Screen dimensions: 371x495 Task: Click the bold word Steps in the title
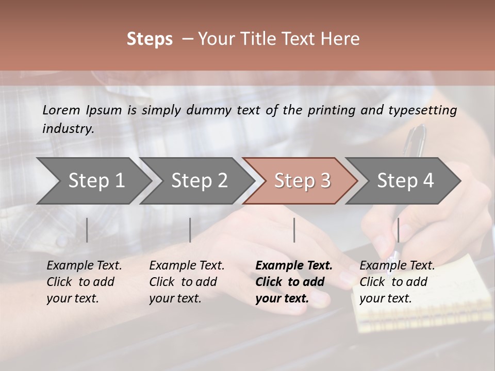pyautogui.click(x=150, y=39)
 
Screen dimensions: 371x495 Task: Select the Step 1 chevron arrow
pyautogui.click(x=93, y=181)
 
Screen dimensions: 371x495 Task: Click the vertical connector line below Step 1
pyautogui.click(x=87, y=230)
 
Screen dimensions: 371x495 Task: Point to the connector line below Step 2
pyautogui.click(x=190, y=230)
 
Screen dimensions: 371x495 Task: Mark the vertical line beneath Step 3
pyautogui.click(x=294, y=230)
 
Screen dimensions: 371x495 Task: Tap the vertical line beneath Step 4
pyautogui.click(x=398, y=230)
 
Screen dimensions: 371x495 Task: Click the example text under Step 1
pyautogui.click(x=84, y=282)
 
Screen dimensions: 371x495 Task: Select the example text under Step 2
pyautogui.click(x=187, y=282)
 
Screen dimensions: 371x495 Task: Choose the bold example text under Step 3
pyautogui.click(x=294, y=282)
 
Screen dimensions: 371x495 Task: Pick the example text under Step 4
pyautogui.click(x=397, y=282)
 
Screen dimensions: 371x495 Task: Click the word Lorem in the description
pyautogui.click(x=61, y=110)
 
